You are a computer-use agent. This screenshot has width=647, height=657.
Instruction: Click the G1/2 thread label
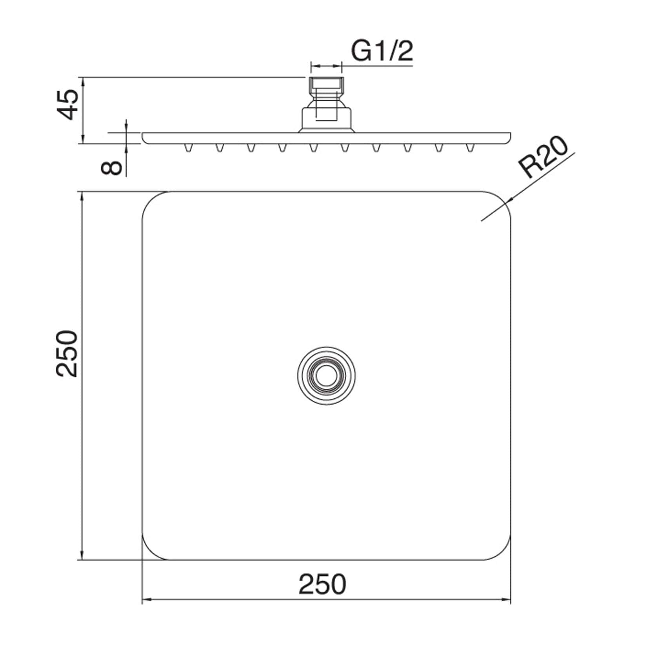[x=382, y=51]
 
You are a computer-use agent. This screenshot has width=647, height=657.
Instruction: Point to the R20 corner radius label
[x=543, y=157]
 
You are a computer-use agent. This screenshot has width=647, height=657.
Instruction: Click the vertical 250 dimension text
[x=67, y=354]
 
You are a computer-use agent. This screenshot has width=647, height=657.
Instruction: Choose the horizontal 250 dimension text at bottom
[x=322, y=584]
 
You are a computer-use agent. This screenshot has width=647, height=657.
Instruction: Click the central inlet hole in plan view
[x=326, y=376]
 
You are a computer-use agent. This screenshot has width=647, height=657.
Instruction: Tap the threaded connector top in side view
[x=326, y=83]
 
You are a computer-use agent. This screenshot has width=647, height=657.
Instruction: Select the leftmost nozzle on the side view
[x=189, y=148]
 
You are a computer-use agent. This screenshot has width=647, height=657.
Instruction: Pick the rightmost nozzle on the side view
[x=470, y=148]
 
